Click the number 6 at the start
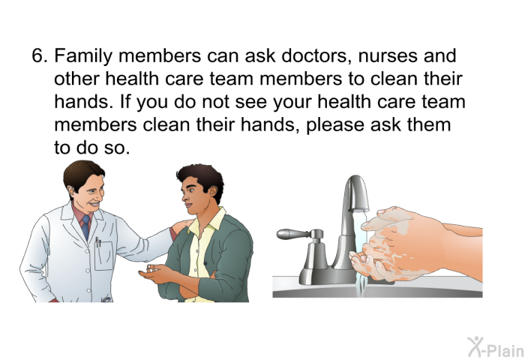pyautogui.click(x=38, y=57)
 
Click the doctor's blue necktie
pyautogui.click(x=85, y=224)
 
